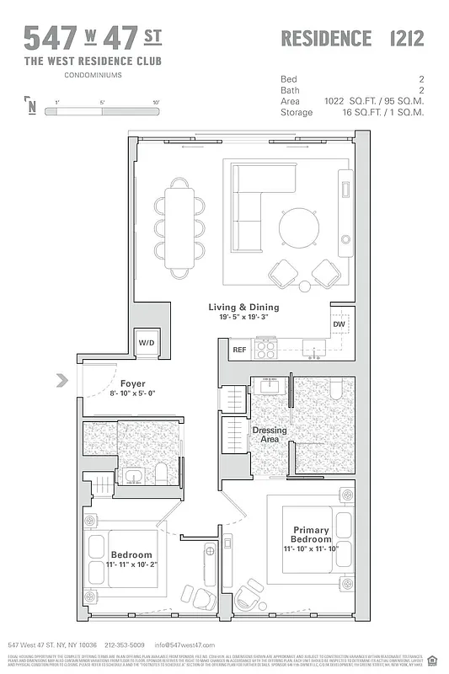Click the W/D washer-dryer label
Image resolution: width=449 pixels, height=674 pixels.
(147, 343)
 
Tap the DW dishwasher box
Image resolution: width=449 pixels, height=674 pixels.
(339, 324)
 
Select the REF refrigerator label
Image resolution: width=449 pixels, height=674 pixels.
(239, 349)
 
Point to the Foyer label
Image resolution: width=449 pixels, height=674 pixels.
(132, 383)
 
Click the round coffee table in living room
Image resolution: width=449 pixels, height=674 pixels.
(299, 227)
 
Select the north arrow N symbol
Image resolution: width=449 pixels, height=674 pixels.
(31, 105)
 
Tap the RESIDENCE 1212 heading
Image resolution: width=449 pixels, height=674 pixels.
(351, 38)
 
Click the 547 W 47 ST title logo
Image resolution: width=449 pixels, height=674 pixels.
(93, 38)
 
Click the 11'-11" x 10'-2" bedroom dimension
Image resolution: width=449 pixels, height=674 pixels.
(131, 564)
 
